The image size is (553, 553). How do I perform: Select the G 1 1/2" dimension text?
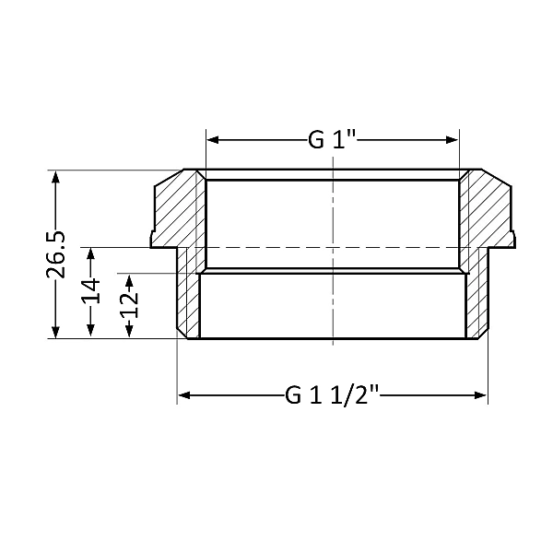tap(333, 395)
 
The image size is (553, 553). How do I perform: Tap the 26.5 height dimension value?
tap(57, 254)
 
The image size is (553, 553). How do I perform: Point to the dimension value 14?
tap(90, 292)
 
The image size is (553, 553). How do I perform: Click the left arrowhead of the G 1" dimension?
tap(212, 140)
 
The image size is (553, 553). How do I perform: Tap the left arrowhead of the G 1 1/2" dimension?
tap(182, 395)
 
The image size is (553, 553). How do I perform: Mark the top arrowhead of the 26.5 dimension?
tap(57, 176)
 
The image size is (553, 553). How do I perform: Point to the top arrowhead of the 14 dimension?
tap(90, 253)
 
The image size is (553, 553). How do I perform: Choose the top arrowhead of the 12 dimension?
tap(130, 278)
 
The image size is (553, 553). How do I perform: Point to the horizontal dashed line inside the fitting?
tap(276, 247)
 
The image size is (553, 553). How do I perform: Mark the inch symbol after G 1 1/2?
tap(375, 390)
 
